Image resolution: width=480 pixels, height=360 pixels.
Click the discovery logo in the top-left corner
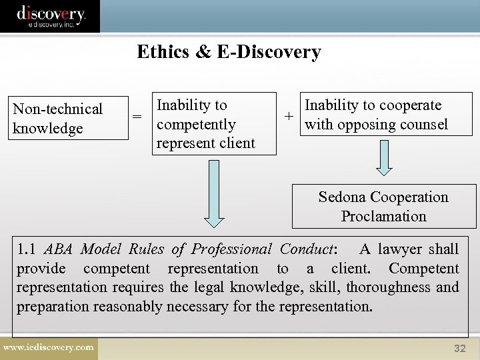pos(51,16)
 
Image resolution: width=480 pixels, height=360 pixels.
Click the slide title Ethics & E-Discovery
pos(229,52)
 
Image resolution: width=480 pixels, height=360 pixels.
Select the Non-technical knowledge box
pos(69,119)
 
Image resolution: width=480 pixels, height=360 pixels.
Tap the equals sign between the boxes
pos(137,117)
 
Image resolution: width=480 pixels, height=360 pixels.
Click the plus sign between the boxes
pos(289,115)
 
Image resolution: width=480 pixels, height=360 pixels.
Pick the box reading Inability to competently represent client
pos(215,124)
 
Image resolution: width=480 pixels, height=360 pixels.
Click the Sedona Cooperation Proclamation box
pos(383,207)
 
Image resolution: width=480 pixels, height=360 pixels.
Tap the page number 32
pos(460,349)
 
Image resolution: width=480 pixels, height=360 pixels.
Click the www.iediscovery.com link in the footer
pos(49,347)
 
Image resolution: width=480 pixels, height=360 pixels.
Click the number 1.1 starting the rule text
pos(27,249)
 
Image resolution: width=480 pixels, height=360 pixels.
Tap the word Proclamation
pos(383,217)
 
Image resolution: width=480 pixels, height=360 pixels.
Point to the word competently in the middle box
pos(196,125)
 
